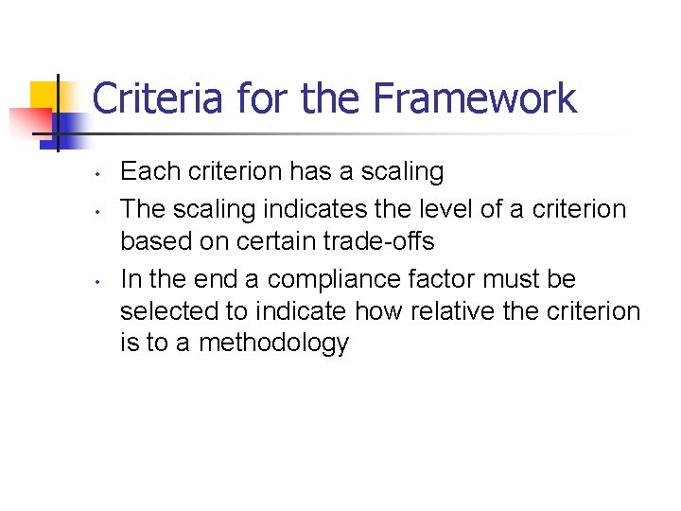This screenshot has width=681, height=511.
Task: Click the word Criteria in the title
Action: tap(159, 98)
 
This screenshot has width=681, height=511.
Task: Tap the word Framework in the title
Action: tap(475, 98)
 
